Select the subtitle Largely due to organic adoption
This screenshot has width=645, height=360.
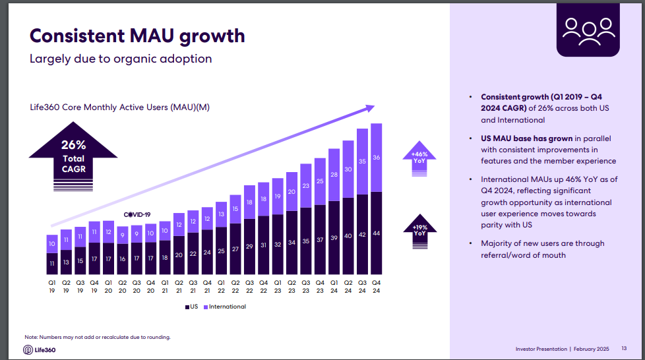[121, 59]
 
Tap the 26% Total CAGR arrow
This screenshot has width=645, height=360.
[73, 156]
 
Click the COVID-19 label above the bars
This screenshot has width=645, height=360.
[137, 215]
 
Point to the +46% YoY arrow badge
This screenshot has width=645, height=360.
[420, 158]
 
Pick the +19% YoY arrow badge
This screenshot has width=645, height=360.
[420, 230]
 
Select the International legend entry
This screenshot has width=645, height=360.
[225, 307]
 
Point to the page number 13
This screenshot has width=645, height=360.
[624, 349]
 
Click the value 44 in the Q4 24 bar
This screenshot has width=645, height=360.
[376, 234]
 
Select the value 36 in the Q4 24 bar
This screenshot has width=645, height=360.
[376, 158]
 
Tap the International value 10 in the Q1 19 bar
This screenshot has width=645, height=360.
[52, 244]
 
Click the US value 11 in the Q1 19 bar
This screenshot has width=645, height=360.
[52, 264]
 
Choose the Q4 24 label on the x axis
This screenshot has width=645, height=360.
[376, 286]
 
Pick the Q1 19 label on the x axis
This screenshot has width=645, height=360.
[52, 286]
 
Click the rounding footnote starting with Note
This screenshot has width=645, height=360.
[98, 337]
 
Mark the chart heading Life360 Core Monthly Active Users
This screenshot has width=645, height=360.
[120, 107]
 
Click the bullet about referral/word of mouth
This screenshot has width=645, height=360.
[542, 249]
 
